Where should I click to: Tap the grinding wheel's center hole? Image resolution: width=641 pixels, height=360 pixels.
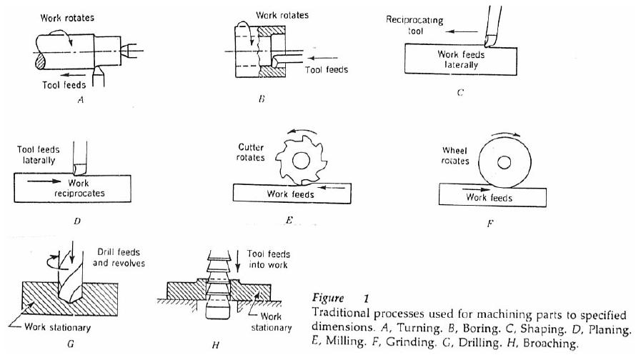pos(504,164)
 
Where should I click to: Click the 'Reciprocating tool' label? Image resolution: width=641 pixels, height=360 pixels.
pos(414,26)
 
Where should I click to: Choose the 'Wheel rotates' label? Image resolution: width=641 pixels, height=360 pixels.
pos(455,156)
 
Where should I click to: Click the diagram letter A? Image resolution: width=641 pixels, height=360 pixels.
pos(81,101)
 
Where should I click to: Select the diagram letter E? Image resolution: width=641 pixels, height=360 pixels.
pos(289,221)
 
